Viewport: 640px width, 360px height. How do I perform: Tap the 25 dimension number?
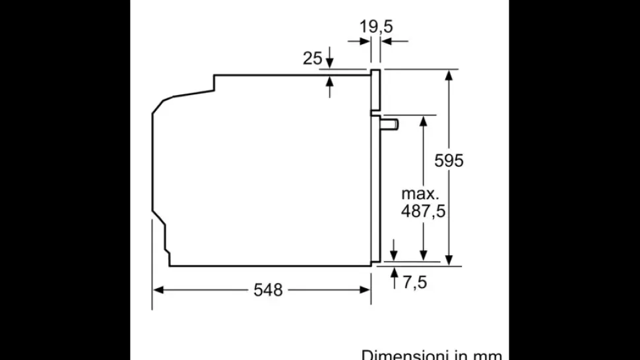point(312,58)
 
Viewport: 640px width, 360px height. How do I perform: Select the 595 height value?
point(449,160)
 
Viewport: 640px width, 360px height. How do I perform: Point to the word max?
point(420,194)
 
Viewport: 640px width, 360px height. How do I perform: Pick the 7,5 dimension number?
point(414,282)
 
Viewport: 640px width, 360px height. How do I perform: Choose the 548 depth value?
point(268,289)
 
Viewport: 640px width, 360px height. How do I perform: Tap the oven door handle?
point(391,123)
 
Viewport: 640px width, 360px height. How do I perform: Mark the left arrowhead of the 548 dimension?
point(158,289)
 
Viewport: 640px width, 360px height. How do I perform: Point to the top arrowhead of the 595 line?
point(449,75)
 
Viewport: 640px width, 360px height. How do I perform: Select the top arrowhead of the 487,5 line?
point(424,120)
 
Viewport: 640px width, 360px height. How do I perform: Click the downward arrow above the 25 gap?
point(330,62)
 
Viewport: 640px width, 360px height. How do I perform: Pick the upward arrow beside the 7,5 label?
point(394,272)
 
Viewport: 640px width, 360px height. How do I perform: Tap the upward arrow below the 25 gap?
point(330,82)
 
